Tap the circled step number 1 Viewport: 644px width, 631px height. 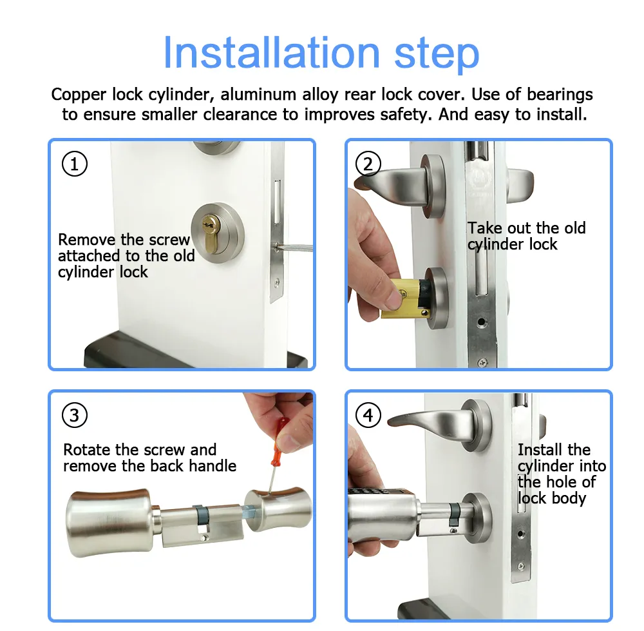74,164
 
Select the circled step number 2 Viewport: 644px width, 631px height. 368,164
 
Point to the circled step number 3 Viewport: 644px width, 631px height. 74,415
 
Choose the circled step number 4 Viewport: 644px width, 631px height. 368,415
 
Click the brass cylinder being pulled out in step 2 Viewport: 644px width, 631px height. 402,298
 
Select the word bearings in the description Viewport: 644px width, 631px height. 560,95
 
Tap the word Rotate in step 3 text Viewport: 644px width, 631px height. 86,450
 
